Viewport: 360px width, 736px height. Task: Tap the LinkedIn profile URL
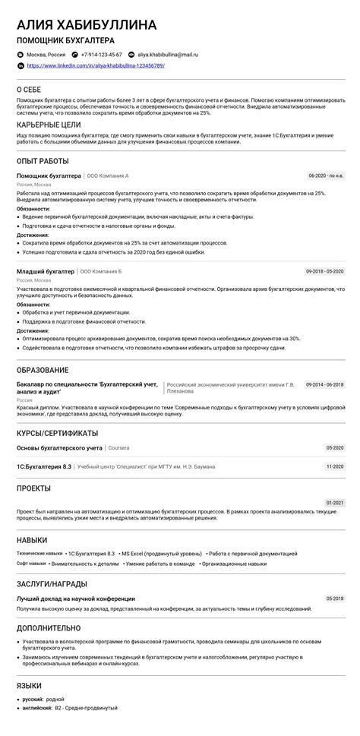click(x=96, y=66)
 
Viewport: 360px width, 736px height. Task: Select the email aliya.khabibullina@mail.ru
click(x=168, y=55)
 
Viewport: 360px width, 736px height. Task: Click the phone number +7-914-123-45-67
click(x=101, y=55)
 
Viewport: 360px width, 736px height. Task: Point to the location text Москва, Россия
click(x=46, y=55)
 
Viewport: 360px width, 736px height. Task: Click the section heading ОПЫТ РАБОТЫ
click(x=43, y=161)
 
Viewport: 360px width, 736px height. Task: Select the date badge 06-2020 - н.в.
click(x=326, y=175)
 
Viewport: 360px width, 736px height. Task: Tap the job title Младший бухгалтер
click(x=46, y=271)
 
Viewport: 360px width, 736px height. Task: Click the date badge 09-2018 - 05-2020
click(x=324, y=271)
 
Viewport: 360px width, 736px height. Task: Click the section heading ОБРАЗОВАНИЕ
click(x=43, y=370)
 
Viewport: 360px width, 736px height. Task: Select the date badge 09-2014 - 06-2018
click(x=324, y=385)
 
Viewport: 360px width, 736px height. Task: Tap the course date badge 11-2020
click(x=335, y=466)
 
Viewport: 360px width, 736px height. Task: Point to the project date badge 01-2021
click(x=335, y=503)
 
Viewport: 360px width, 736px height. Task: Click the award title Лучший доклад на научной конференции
click(x=75, y=599)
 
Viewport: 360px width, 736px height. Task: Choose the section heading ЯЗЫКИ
click(x=29, y=686)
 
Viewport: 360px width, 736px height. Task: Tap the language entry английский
click(x=36, y=708)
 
